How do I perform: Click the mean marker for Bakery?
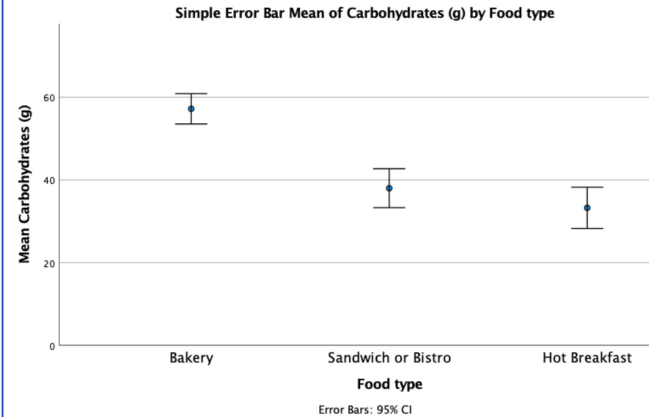191,109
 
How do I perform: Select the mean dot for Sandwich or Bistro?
389,188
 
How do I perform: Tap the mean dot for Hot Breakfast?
587,208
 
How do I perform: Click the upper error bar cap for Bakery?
191,94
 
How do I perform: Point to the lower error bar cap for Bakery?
191,124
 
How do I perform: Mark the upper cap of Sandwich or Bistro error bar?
389,169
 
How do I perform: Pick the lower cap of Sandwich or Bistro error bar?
389,208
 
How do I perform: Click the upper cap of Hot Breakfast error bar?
587,187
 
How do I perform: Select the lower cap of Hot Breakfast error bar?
587,228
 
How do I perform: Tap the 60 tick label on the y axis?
49,98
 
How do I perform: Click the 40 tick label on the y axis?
49,180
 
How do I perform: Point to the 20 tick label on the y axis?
49,263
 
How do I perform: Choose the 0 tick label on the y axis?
52,346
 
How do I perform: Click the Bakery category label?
191,358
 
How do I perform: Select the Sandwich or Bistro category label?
389,358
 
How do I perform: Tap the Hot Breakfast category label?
587,358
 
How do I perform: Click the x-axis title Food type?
390,384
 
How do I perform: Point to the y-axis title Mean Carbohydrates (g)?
25,184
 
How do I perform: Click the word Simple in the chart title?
194,14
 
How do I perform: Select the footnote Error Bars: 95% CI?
365,410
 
